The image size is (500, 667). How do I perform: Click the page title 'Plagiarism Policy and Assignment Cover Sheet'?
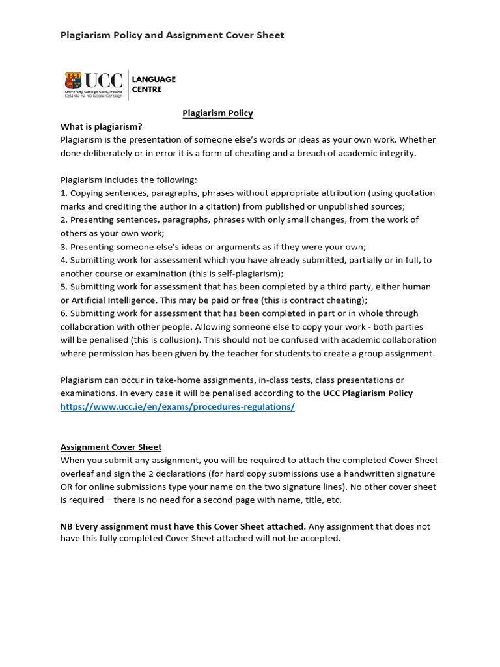[x=172, y=35]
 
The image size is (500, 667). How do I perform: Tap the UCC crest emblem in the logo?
[x=73, y=81]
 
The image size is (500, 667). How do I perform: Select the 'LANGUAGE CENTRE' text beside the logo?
[x=154, y=84]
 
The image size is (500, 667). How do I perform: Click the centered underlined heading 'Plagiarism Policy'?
[x=217, y=113]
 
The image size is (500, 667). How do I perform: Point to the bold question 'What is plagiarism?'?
[x=101, y=126]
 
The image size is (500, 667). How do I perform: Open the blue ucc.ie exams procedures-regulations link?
[x=177, y=406]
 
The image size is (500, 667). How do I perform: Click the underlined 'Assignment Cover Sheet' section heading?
[x=111, y=447]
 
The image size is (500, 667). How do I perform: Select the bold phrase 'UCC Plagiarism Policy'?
[x=368, y=393]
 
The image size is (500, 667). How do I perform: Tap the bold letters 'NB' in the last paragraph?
[x=66, y=526]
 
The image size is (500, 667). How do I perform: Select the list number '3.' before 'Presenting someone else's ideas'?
[x=64, y=247]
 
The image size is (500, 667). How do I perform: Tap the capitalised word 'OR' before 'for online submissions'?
[x=67, y=487]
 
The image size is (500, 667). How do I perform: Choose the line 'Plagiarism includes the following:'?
[x=128, y=180]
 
